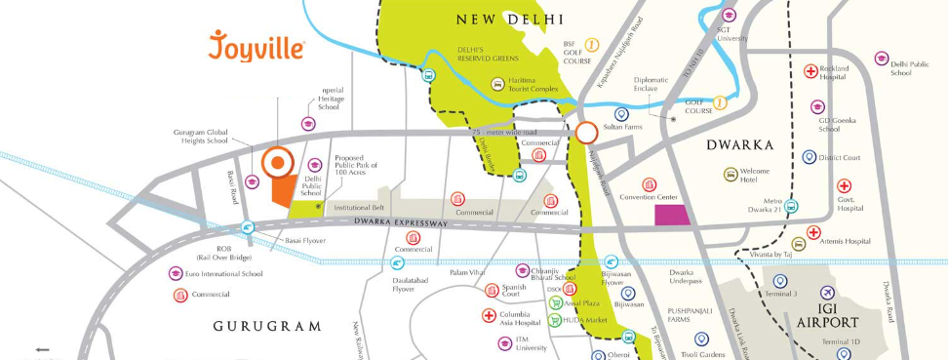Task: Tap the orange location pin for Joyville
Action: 277,163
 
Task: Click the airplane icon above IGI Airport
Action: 828,293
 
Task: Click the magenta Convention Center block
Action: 670,216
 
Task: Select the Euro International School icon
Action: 176,273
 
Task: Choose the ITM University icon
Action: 494,341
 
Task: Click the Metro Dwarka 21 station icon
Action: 792,206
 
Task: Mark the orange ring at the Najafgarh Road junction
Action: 586,133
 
